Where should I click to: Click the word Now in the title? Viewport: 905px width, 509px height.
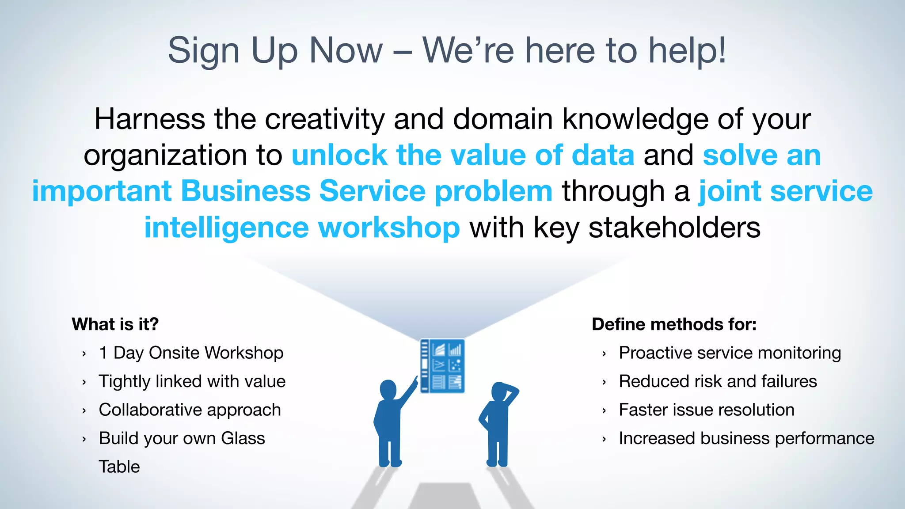(x=346, y=50)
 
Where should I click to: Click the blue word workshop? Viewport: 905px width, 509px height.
(x=389, y=228)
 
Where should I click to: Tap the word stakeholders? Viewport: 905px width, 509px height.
(x=674, y=228)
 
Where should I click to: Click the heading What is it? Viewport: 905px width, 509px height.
(x=115, y=324)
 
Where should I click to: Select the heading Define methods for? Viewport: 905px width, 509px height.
(x=674, y=324)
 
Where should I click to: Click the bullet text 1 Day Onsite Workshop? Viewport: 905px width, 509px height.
(x=191, y=353)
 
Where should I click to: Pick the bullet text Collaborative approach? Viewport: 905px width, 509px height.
(x=190, y=410)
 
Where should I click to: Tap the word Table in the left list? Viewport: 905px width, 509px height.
(x=119, y=467)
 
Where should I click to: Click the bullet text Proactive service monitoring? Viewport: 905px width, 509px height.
(x=730, y=353)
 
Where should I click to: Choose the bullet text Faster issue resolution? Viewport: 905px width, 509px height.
(x=706, y=410)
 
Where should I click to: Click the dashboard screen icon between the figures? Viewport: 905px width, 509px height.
(x=442, y=366)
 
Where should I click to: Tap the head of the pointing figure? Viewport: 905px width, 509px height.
(x=388, y=389)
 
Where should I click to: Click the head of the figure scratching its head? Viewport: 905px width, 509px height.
(x=501, y=391)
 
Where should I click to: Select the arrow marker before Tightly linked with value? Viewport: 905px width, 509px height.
(x=84, y=382)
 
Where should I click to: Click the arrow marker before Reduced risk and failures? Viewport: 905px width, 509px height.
(x=604, y=382)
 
